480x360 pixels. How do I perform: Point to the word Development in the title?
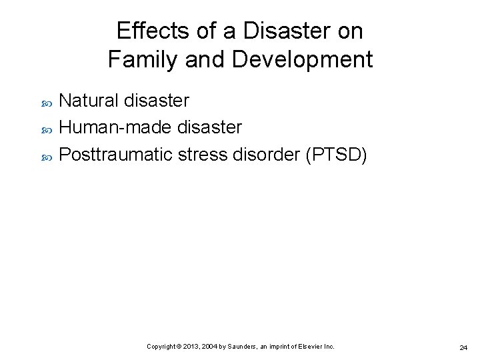tap(302, 60)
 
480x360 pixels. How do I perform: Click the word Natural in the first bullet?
tap(87, 101)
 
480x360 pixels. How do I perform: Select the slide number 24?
tap(463, 347)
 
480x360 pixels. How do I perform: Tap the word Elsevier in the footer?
tap(311, 347)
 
